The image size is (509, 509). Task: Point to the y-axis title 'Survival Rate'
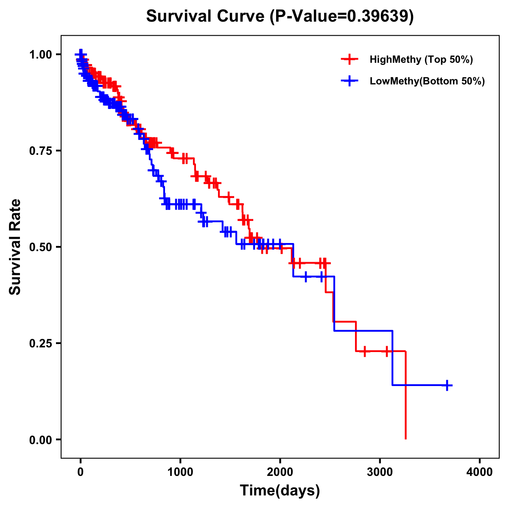[15, 246]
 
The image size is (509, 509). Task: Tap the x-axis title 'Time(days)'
[280, 490]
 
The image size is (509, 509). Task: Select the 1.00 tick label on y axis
[40, 55]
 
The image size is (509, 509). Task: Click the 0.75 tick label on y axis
[40, 151]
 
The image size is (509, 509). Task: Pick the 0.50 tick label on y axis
[40, 247]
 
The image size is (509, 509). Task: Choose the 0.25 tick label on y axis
[40, 344]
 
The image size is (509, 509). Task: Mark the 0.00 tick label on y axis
[40, 440]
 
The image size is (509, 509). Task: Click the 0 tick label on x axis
[81, 472]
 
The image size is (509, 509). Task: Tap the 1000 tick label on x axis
[180, 472]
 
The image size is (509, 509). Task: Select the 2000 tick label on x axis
[280, 472]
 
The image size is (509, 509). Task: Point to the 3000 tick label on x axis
[380, 472]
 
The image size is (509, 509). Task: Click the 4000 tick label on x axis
[480, 472]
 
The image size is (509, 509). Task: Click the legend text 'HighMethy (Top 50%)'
[421, 59]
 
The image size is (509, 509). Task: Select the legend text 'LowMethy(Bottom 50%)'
[427, 81]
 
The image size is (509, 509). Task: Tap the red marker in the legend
[350, 59]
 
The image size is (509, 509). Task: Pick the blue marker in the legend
[350, 81]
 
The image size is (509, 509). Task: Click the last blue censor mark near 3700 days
[447, 385]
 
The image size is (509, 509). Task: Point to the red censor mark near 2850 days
[364, 351]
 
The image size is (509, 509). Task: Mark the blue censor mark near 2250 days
[305, 277]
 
